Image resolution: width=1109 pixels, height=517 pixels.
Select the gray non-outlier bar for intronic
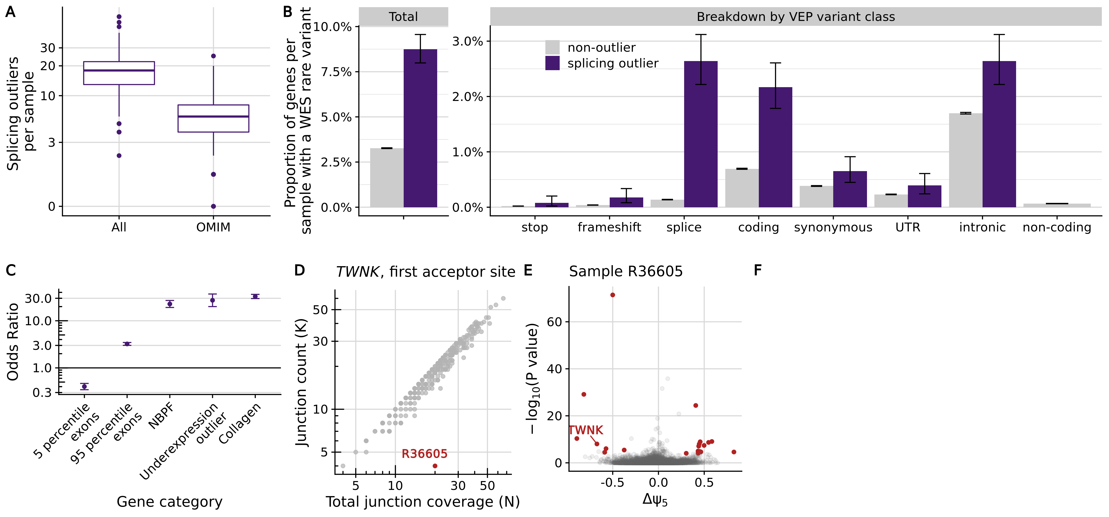(x=965, y=160)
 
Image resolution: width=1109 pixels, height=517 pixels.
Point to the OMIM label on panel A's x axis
(x=213, y=227)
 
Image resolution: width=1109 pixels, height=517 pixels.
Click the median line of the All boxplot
(x=119, y=70)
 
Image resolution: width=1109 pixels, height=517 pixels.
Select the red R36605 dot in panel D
(x=435, y=466)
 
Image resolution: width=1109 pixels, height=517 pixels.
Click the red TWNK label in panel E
(x=586, y=430)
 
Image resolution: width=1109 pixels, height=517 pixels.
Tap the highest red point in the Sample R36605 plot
(x=613, y=295)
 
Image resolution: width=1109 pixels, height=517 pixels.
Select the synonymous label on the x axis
(x=833, y=227)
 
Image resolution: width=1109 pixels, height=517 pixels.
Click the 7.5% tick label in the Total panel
(x=336, y=72)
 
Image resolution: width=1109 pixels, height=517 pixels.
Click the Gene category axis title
(x=170, y=501)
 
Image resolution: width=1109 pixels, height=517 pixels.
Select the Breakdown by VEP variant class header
(x=796, y=17)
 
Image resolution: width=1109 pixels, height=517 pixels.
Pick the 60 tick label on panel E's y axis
(x=554, y=322)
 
